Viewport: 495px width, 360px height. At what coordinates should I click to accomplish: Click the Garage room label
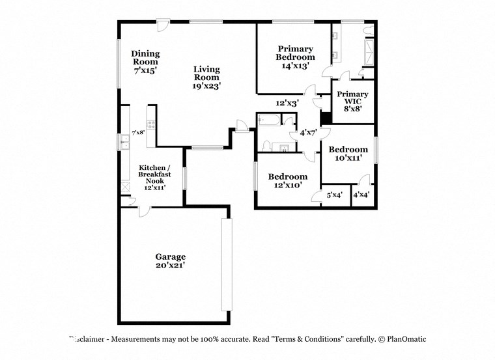tap(170, 260)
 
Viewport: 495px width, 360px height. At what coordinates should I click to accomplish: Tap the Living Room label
tap(206, 77)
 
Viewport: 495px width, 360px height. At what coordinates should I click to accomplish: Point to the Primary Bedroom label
tap(295, 57)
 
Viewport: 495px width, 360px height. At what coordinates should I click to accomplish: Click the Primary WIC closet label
tap(352, 101)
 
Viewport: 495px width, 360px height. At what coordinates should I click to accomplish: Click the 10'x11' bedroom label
tap(348, 154)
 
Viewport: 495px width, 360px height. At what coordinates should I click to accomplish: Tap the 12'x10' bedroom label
tap(287, 180)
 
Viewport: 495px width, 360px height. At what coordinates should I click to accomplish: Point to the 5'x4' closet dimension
tap(334, 195)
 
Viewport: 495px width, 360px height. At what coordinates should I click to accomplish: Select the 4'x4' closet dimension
tap(361, 195)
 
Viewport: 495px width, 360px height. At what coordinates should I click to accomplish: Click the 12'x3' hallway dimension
tap(287, 103)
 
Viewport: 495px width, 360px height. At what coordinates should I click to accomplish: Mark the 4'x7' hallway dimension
tap(307, 133)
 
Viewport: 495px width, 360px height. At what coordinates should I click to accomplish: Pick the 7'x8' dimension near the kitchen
tap(138, 133)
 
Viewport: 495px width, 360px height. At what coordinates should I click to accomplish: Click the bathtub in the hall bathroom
tap(269, 120)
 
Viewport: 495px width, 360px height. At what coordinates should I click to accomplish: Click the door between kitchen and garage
tap(143, 210)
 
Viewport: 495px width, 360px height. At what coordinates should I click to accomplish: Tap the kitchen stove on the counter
tap(150, 124)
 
